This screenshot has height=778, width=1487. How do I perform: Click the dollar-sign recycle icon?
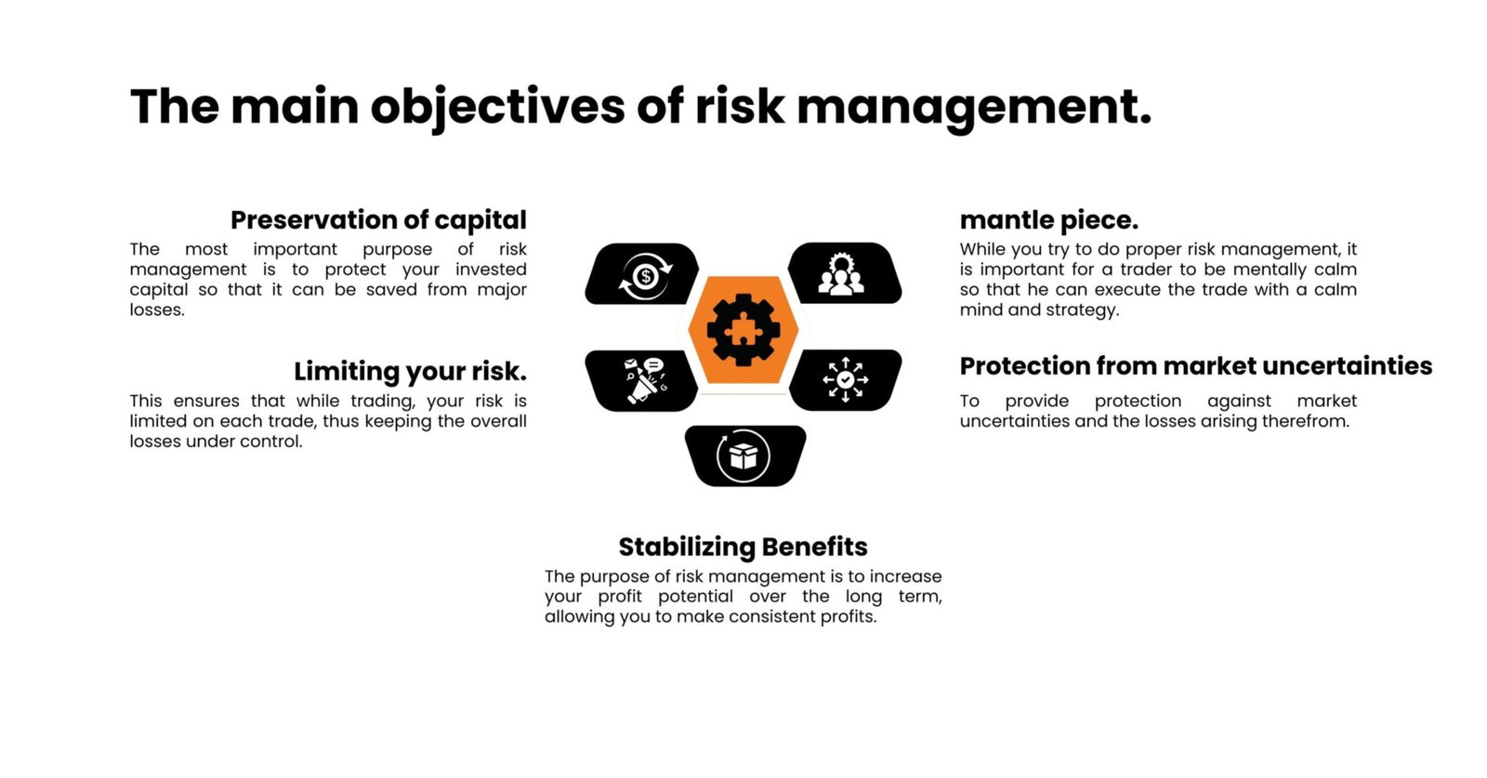644,276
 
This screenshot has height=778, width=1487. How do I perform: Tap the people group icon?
841,274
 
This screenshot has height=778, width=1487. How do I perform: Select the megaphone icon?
643,379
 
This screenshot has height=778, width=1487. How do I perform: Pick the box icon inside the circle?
743,455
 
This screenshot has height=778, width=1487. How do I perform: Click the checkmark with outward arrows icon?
845,379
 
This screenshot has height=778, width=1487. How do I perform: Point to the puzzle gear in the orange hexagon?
743,329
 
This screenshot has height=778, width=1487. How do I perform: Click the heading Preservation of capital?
378,220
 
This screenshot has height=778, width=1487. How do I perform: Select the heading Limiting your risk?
410,371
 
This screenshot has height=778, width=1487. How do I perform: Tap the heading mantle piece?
1048,220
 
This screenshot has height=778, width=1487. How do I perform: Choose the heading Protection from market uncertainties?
1195,366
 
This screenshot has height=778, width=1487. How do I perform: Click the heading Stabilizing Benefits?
743,547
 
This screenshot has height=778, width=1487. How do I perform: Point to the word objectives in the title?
497,107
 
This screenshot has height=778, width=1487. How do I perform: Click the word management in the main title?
973,107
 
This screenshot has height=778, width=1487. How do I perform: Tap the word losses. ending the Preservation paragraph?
157,310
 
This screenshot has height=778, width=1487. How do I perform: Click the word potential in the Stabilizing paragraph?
695,597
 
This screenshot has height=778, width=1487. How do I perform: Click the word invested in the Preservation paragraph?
491,270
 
